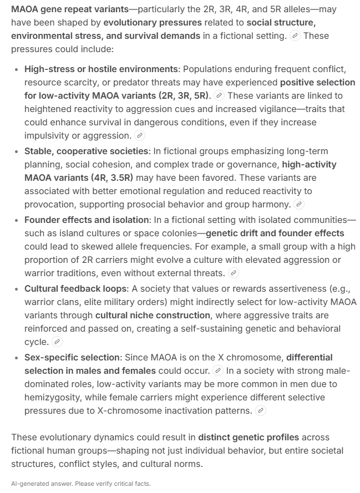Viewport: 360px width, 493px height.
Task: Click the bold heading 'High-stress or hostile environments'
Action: coord(100,69)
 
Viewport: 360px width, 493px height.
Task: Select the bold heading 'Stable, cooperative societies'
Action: coord(86,151)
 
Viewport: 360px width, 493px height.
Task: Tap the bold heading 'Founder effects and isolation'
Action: coord(87,220)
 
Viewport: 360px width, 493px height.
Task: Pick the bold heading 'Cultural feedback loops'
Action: coord(75,289)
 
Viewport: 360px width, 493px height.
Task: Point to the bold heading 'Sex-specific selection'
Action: coord(72,358)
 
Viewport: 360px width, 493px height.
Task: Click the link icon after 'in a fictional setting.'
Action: coord(295,36)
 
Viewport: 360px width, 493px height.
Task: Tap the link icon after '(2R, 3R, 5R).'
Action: coord(219,96)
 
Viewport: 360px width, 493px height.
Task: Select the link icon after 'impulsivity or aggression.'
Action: coord(140,136)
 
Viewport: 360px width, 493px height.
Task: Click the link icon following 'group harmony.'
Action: coord(299,205)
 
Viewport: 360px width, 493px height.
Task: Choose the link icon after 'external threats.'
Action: coord(233,273)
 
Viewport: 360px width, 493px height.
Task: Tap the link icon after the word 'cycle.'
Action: coord(57,342)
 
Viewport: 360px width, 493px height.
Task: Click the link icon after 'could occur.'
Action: coord(219,371)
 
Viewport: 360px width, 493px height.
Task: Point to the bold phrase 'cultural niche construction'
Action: coord(153,316)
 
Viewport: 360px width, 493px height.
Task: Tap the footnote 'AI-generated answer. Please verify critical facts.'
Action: coord(81,484)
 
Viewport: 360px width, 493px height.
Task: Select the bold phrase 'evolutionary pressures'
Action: coord(152,23)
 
